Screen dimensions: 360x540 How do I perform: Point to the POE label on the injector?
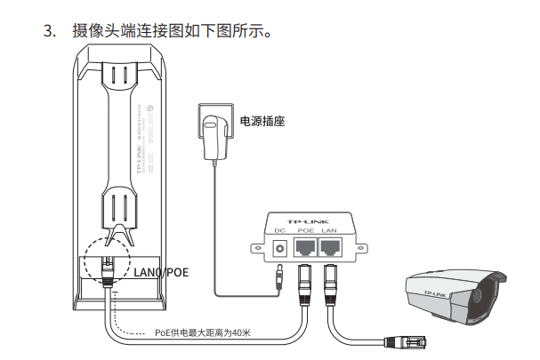tap(307, 232)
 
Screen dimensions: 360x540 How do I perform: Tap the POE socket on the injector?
tap(307, 245)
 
